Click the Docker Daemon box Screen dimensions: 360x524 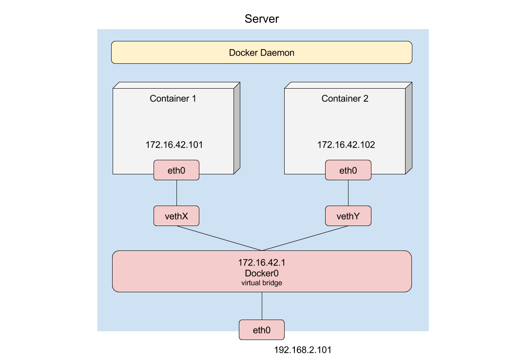point(261,53)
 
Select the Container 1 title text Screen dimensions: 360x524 point(173,99)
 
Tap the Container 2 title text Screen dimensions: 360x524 point(345,99)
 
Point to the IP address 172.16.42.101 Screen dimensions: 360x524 point(174,145)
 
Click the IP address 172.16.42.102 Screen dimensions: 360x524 point(346,145)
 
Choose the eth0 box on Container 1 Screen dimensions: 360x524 point(176,170)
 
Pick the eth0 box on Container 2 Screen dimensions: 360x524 point(348,170)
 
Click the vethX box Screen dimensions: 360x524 point(176,216)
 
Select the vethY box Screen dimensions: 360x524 point(348,216)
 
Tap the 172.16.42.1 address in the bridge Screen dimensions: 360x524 point(261,263)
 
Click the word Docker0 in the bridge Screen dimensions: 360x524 point(261,273)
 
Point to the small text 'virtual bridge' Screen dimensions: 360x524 point(261,283)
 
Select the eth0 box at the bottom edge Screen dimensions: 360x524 point(261,330)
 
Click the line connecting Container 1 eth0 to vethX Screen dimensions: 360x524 point(176,193)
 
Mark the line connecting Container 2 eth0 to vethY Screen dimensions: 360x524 point(348,193)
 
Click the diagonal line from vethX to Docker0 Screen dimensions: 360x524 point(219,238)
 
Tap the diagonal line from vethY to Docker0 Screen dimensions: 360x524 point(305,238)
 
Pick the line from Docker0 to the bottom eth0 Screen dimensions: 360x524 point(262,306)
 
